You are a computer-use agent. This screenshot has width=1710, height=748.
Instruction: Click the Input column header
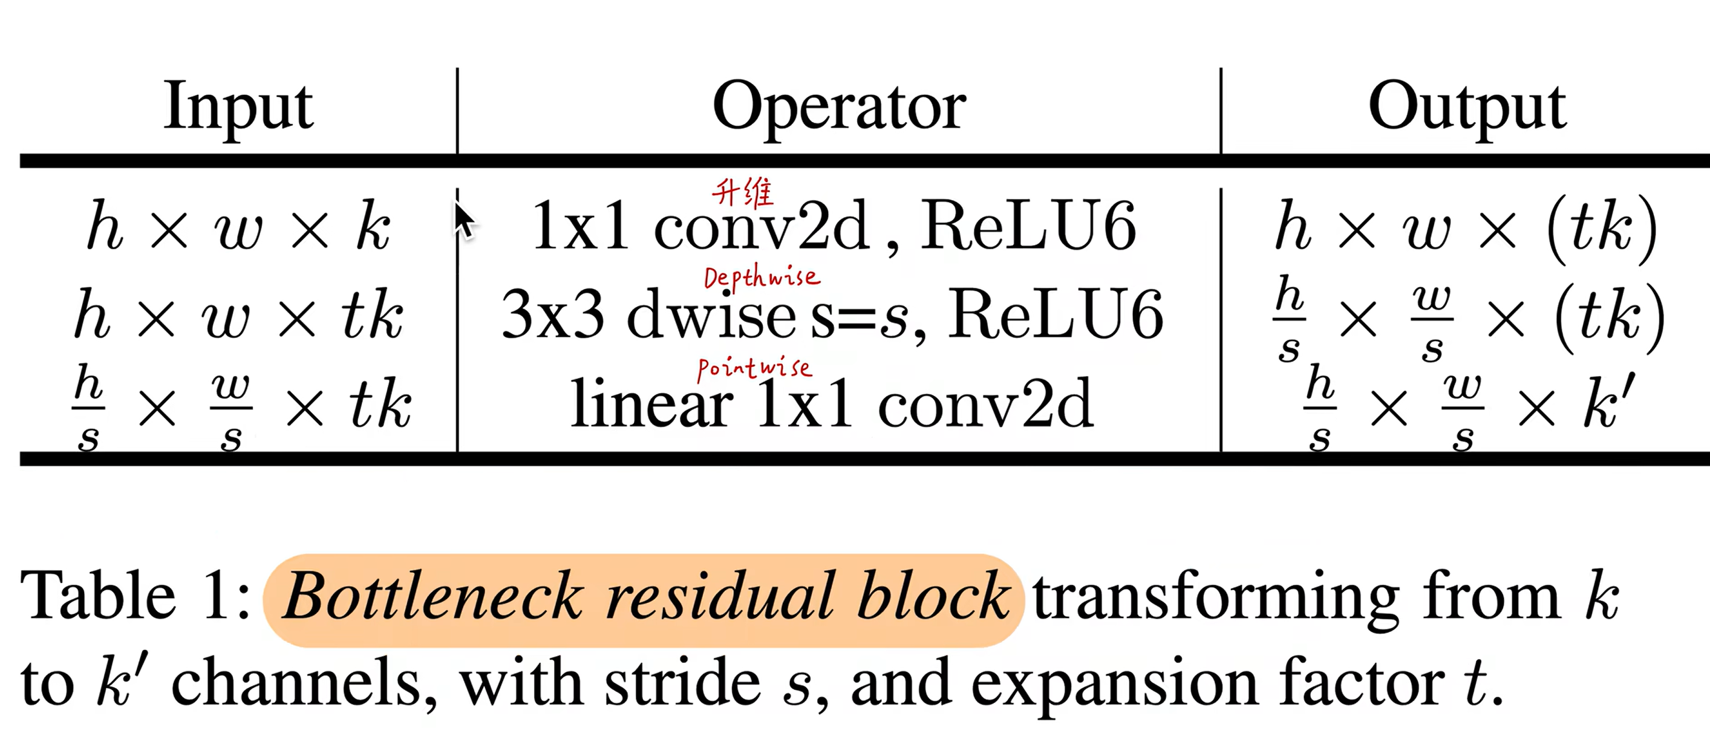[238, 107]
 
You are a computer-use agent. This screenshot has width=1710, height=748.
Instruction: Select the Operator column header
[839, 107]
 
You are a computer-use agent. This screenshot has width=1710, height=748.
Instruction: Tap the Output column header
[1467, 107]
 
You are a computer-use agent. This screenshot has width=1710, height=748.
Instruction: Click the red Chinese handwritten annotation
[742, 192]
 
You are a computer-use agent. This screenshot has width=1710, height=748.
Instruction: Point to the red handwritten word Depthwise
[762, 278]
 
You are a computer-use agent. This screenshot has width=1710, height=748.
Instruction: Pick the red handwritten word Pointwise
[754, 368]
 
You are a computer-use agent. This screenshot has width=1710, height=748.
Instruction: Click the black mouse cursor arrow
[464, 220]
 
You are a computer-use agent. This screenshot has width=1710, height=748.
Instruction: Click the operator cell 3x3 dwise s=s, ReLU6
[832, 314]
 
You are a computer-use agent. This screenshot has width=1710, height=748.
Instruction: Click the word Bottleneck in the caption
[432, 596]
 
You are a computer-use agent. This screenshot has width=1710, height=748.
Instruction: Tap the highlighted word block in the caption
[933, 596]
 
